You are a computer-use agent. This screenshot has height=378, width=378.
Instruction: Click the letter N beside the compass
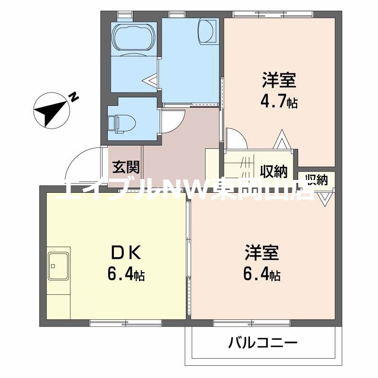74,97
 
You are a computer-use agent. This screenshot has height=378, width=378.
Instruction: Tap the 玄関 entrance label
126,167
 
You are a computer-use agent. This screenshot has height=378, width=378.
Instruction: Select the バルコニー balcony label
263,342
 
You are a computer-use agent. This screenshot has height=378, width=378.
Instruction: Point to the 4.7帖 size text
279,102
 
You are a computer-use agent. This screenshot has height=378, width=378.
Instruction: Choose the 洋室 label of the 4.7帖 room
279,81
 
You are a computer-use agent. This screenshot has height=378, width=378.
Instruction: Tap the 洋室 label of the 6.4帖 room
262,253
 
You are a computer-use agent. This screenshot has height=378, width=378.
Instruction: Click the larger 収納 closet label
274,170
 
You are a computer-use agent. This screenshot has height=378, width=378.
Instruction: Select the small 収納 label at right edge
317,179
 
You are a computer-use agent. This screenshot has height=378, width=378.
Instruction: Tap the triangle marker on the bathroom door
152,81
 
